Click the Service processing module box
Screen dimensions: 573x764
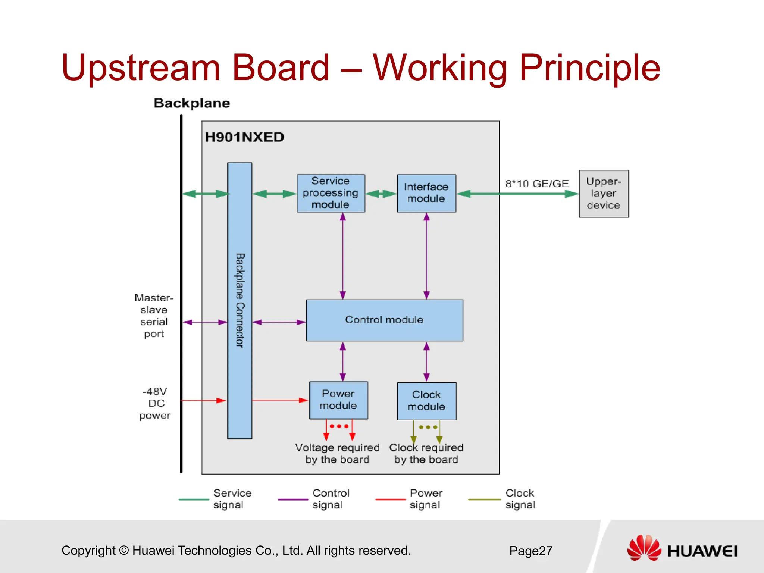[x=331, y=193]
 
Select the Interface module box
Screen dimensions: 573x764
[x=426, y=193]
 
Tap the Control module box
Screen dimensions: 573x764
[x=384, y=320]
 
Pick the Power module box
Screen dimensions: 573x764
[x=338, y=400]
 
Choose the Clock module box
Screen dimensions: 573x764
[x=426, y=401]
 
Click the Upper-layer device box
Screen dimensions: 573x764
[x=604, y=194]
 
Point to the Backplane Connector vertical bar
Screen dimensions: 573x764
[x=239, y=300]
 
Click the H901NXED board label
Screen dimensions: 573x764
[x=244, y=137]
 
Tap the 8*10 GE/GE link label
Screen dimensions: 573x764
[x=537, y=184]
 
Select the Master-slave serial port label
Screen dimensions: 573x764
[x=154, y=316]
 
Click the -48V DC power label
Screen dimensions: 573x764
[x=155, y=403]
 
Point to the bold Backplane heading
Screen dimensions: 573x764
[x=192, y=103]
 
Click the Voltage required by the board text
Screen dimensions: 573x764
[x=337, y=453]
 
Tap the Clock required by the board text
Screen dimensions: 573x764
[x=426, y=453]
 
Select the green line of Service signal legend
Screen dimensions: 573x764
[x=194, y=499]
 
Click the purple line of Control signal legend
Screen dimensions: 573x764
[x=293, y=499]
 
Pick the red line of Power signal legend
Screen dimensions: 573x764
[x=390, y=499]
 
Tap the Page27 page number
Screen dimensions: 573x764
[x=530, y=551]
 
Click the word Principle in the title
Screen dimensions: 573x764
[x=589, y=68]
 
